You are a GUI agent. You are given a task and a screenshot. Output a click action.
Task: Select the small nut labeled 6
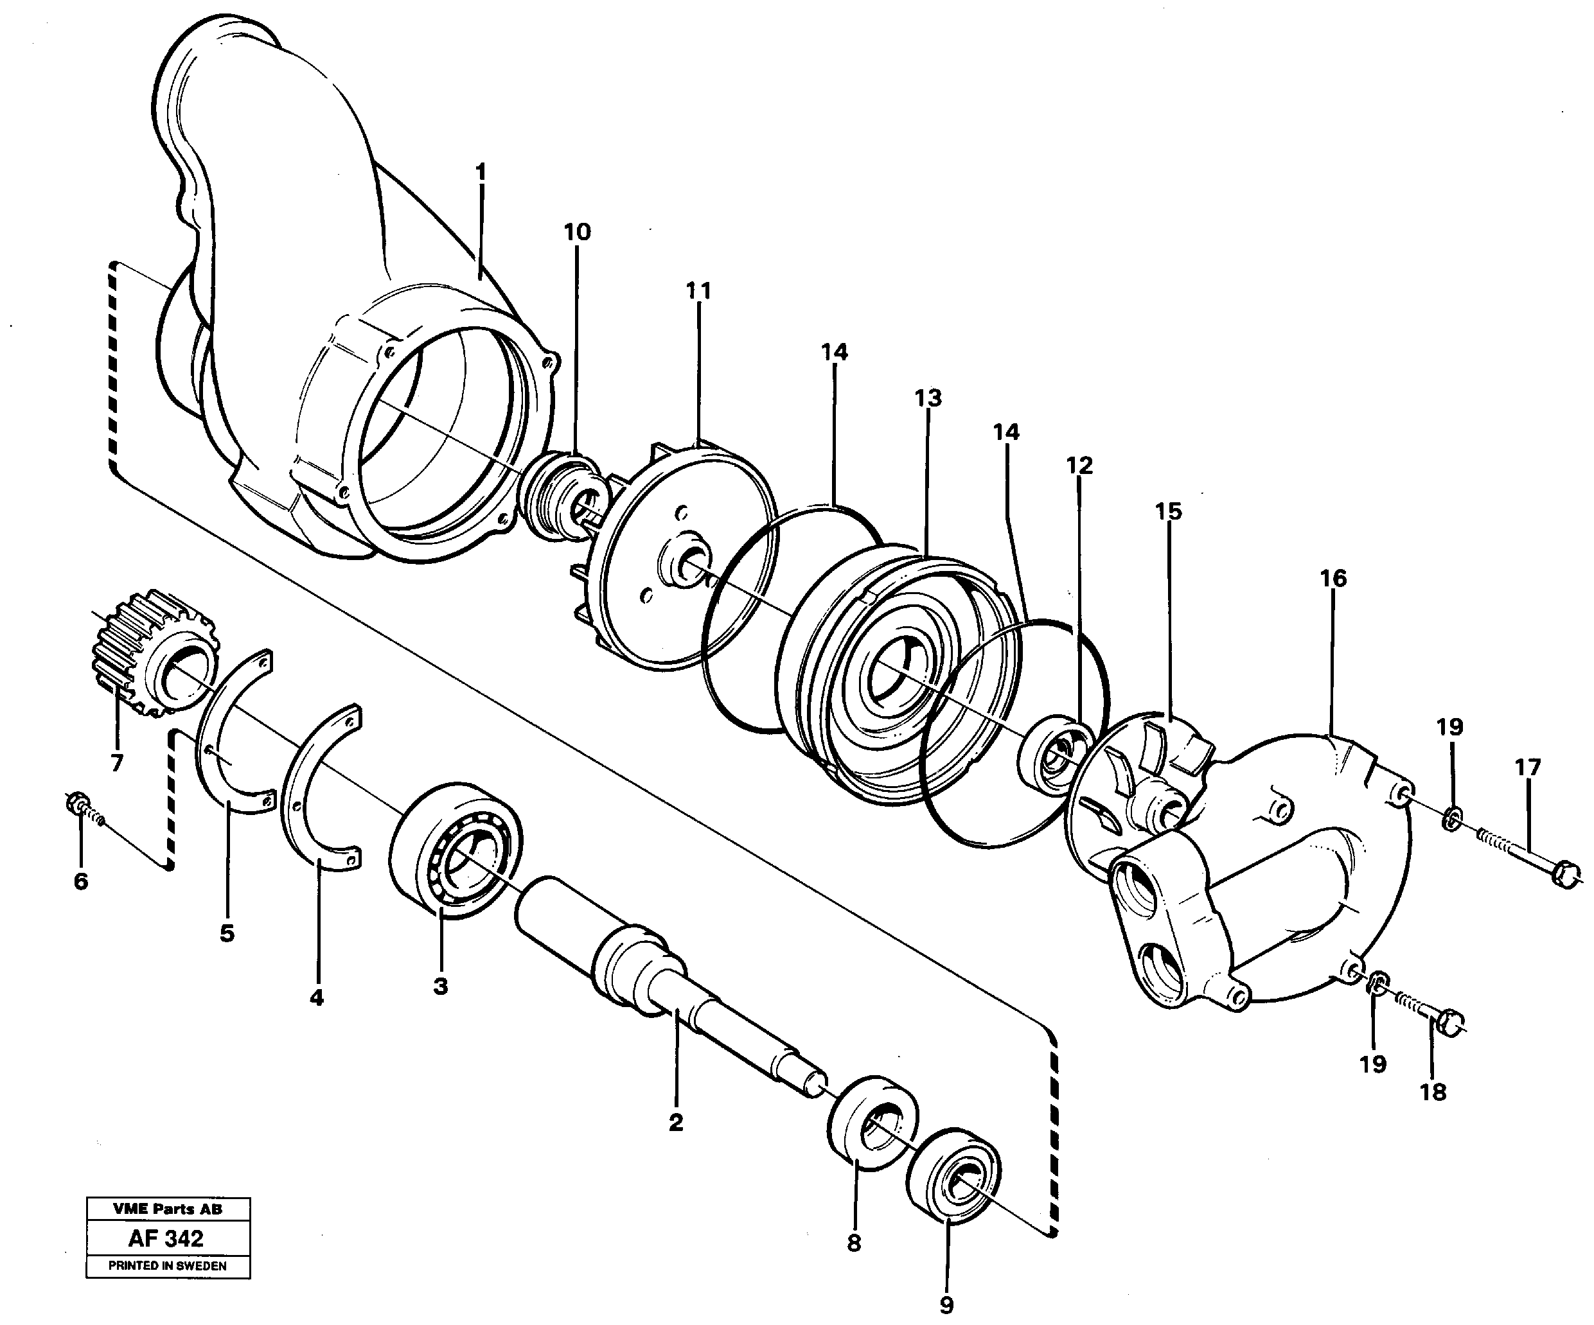point(78,802)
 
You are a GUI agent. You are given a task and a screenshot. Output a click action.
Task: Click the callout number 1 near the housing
point(480,172)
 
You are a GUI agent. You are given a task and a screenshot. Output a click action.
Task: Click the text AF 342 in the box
point(166,1239)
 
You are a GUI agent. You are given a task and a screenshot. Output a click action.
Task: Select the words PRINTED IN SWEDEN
point(167,1267)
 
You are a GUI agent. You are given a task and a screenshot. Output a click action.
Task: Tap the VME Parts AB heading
point(167,1209)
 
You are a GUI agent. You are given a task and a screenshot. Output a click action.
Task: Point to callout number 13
point(928,398)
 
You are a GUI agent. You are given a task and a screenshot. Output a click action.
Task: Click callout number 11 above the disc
point(698,291)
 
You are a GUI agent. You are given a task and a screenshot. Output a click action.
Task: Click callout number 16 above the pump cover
point(1333,578)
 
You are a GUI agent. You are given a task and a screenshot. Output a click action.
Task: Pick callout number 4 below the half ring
point(317,997)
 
